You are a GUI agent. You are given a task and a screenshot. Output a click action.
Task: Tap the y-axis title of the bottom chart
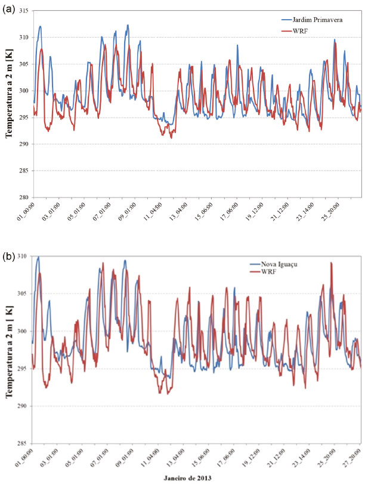click(x=10, y=349)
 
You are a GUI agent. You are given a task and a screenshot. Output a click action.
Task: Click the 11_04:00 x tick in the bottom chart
click(x=150, y=458)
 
